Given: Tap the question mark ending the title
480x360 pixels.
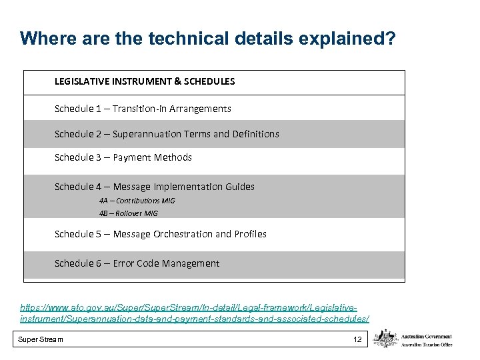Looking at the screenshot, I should click(389, 39).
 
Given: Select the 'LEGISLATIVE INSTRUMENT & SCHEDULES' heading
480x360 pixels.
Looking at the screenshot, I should click(145, 81).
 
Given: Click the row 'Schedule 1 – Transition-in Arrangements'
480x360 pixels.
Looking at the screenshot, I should click(143, 109).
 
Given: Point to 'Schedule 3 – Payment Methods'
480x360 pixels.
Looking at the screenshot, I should click(123, 157).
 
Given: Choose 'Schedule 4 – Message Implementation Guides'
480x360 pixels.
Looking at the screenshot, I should click(155, 187).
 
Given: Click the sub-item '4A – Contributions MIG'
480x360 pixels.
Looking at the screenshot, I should click(137, 201).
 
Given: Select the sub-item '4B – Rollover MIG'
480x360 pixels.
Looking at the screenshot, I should click(129, 214).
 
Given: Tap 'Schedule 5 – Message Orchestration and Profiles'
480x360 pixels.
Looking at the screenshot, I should click(161, 234).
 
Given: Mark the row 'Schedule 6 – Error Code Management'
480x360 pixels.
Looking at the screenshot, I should click(137, 263).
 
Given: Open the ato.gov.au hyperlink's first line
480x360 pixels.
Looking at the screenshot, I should click(189, 308).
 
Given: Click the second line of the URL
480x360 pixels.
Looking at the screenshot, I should click(195, 319).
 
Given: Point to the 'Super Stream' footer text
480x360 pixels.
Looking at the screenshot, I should click(41, 340).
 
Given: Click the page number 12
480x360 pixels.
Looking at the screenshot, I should click(357, 340).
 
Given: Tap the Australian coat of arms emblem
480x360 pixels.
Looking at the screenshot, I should click(386, 339).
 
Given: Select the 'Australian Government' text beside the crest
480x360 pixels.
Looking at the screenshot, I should click(427, 337).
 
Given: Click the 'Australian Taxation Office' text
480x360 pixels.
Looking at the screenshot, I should click(427, 344).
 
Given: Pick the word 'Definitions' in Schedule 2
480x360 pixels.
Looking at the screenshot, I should click(256, 134).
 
